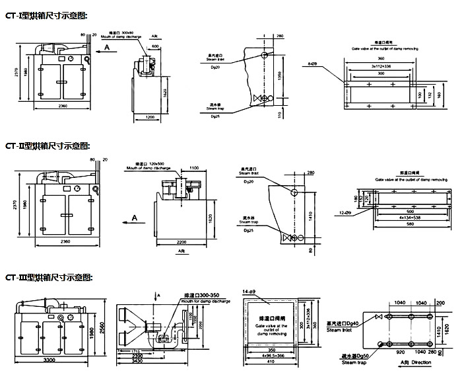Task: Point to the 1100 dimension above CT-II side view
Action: [195, 168]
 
